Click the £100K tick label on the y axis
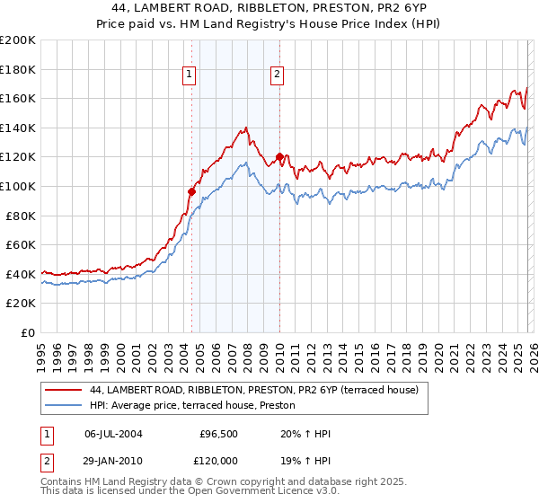tap(18, 186)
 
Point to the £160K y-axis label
tap(18, 98)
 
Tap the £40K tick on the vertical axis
tap(21, 274)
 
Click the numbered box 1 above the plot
tap(190, 75)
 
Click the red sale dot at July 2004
tap(191, 190)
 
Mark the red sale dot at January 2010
tap(279, 156)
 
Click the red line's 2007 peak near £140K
tap(245, 128)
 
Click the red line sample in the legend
tap(63, 391)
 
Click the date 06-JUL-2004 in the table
tap(113, 434)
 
